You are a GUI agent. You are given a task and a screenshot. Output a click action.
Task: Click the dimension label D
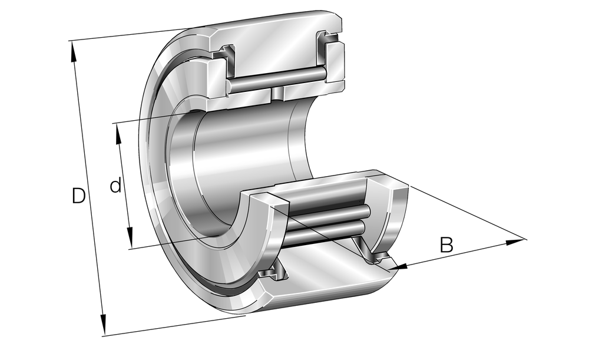click(x=78, y=196)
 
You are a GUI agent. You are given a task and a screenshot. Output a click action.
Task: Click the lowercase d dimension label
click(x=115, y=186)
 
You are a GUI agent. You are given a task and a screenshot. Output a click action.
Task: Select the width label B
click(x=446, y=245)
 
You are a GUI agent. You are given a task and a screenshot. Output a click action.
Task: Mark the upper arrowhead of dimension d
click(x=119, y=134)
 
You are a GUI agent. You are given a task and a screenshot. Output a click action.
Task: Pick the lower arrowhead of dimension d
click(x=130, y=237)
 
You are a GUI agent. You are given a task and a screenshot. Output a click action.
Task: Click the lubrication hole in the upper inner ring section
click(x=277, y=94)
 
